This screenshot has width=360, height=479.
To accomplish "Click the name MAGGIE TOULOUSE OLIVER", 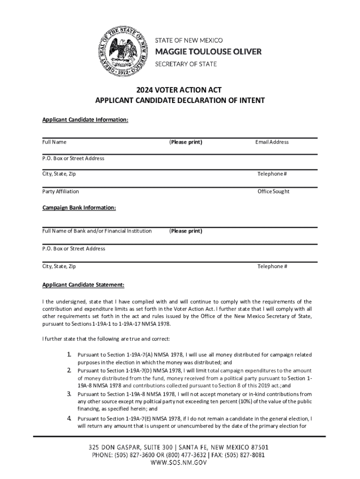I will [208, 51].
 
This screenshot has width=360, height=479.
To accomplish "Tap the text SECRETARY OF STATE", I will [186, 64].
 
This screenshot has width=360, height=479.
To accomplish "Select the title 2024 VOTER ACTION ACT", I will [180, 89].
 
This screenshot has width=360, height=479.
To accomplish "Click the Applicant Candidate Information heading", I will [85, 120].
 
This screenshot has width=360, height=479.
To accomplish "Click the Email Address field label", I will [272, 142].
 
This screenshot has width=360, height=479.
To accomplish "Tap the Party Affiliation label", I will [60, 191].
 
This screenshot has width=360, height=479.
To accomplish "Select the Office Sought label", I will [274, 191].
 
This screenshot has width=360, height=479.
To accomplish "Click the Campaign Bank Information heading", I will [79, 207].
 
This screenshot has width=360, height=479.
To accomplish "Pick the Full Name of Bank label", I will [97, 231].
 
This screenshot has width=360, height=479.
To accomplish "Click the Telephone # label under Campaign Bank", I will [272, 266].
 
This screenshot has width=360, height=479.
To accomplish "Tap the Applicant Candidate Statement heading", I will [83, 284].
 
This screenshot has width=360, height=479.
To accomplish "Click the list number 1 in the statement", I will [70, 355].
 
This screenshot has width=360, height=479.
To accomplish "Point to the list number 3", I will [70, 394].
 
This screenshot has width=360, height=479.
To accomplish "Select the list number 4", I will [70, 418].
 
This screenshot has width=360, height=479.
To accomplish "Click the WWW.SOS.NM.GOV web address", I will [180, 463].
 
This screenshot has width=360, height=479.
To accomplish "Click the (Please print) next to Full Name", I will [186, 142].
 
